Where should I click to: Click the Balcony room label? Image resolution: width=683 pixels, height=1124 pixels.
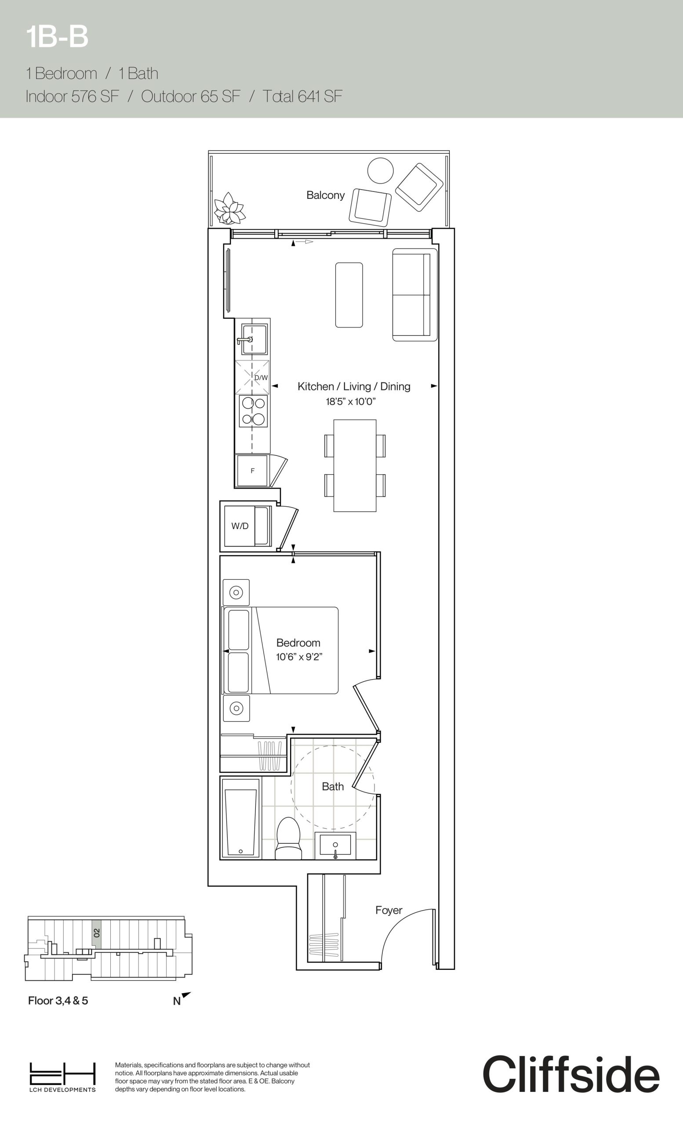click(x=325, y=195)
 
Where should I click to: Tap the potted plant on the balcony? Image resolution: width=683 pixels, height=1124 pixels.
click(x=230, y=208)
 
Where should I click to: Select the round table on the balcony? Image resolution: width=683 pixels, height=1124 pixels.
click(x=380, y=171)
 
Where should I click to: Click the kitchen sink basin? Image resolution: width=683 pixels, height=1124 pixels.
click(x=254, y=339)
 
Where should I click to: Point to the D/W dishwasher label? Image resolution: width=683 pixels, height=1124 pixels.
click(x=261, y=378)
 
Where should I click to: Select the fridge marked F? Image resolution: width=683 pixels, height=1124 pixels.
click(x=252, y=471)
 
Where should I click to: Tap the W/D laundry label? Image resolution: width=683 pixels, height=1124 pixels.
click(x=240, y=526)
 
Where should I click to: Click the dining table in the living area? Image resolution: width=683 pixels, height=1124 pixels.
click(x=355, y=465)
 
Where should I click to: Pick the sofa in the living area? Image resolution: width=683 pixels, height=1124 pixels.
click(x=414, y=295)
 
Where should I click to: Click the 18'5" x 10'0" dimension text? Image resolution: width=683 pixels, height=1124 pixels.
click(x=351, y=402)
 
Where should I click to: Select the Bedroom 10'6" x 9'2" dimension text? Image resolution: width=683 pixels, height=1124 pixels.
click(x=299, y=657)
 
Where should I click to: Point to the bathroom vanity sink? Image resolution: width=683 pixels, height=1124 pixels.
click(x=335, y=845)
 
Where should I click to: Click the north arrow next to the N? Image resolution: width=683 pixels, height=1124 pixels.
click(x=186, y=995)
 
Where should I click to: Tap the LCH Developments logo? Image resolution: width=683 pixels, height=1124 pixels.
click(x=62, y=1077)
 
